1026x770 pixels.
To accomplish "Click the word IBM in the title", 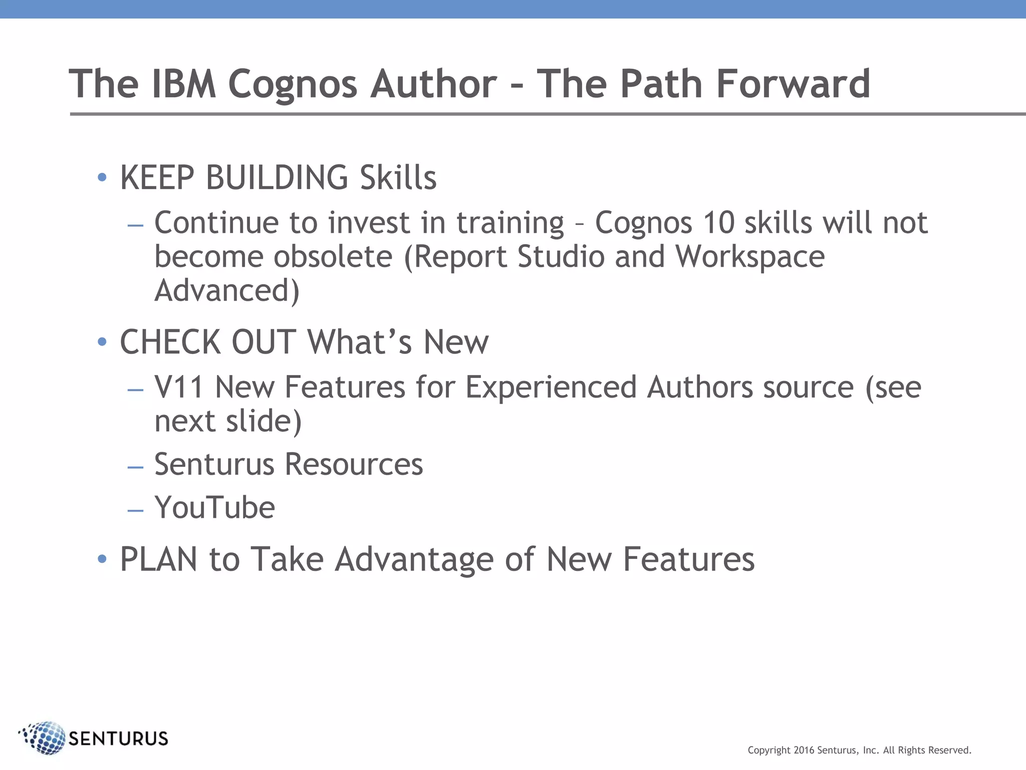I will tap(183, 84).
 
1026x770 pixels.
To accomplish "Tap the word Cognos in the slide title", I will tap(293, 84).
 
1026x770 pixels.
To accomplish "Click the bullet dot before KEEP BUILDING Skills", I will tap(102, 177).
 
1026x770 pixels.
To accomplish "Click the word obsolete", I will tap(333, 257).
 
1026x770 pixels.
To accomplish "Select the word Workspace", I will tap(749, 257).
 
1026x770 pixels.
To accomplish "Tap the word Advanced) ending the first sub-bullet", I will tap(227, 291).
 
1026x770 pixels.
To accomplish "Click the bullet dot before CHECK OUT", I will tap(102, 342).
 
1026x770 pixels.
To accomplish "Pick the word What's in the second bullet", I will tap(359, 342).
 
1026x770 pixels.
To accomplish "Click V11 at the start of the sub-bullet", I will tap(178, 388).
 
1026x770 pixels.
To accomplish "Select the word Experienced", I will tap(551, 388).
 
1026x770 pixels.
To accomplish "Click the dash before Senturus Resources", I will tap(135, 467).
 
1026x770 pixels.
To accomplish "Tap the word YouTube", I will tap(214, 507).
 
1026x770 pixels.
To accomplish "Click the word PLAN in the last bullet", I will tap(158, 559).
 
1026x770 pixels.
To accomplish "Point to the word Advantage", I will tap(414, 559).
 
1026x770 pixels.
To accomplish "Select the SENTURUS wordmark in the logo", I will tap(118, 738).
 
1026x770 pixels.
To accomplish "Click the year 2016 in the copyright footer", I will tap(804, 750).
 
